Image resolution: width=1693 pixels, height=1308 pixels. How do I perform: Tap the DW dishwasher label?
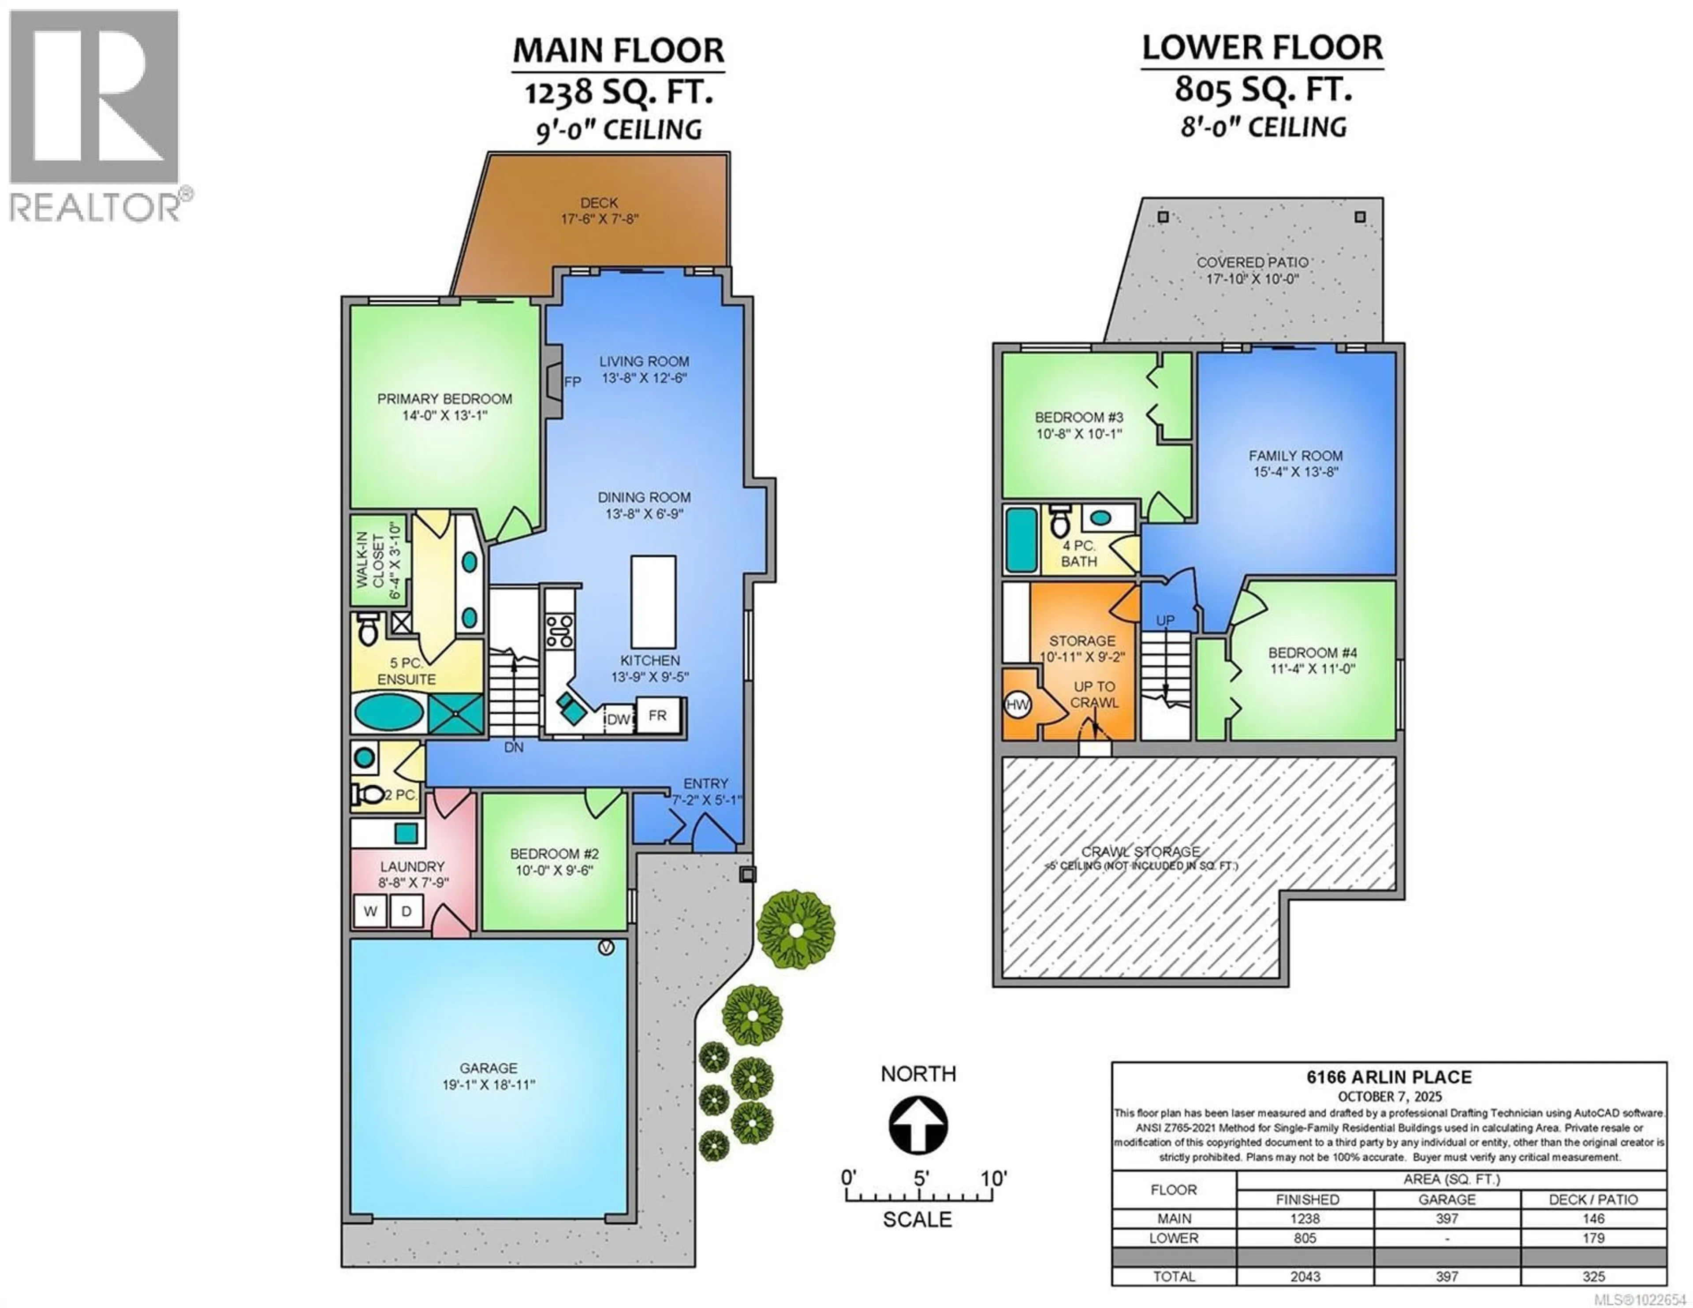[618, 719]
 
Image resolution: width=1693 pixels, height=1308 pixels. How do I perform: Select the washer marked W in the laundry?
[370, 911]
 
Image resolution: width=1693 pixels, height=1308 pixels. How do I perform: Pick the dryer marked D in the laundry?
[406, 911]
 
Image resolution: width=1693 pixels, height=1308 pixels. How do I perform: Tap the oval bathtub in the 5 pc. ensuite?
[389, 712]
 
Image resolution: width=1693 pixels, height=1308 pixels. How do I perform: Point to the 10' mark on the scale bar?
[993, 1179]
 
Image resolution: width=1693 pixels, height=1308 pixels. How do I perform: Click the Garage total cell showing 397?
[1447, 1276]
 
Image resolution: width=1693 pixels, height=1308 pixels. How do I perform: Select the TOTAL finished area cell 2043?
[1305, 1276]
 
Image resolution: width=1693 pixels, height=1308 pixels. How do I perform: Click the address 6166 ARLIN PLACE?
[1389, 1077]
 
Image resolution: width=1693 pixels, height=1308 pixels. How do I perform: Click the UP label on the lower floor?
[1165, 620]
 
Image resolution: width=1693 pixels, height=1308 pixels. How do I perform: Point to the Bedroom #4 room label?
[1313, 653]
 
